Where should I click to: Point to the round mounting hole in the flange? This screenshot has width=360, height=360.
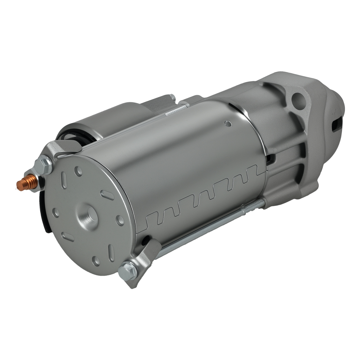[297, 98]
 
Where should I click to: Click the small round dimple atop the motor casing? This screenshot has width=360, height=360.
[227, 124]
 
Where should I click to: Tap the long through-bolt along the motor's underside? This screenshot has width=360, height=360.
[202, 231]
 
